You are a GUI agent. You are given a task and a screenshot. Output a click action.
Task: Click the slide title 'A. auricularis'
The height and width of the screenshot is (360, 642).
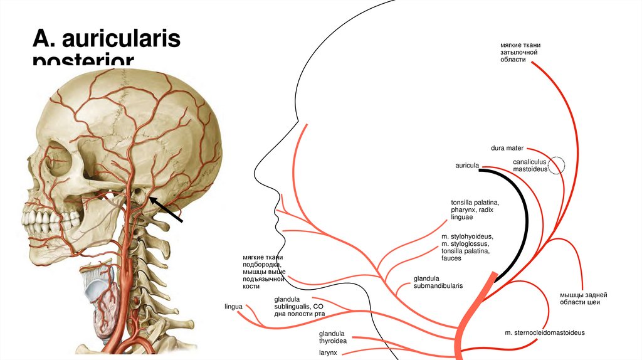point(107,40)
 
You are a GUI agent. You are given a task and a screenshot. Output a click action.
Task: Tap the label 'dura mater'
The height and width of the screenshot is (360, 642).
point(507,148)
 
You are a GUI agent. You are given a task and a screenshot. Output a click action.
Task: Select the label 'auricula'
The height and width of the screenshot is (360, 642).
point(467,166)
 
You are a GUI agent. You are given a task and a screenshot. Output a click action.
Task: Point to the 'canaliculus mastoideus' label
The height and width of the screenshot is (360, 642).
point(530,166)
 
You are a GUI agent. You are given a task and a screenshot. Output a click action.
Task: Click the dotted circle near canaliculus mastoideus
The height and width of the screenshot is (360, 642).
point(556,165)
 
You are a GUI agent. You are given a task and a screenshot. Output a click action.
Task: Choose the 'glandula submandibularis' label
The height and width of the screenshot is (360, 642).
point(438,282)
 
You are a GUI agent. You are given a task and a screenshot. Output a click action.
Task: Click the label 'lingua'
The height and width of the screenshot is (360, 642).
point(233,307)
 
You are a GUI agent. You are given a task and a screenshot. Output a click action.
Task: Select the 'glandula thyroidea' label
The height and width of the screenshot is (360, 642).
point(332,337)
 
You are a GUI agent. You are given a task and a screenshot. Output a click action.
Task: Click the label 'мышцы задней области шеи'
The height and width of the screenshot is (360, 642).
point(584,299)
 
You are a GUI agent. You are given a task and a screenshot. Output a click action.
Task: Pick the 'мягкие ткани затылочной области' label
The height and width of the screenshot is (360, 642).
point(520,56)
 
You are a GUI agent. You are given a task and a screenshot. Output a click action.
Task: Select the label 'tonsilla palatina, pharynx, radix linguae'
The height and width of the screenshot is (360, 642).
point(475,209)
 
